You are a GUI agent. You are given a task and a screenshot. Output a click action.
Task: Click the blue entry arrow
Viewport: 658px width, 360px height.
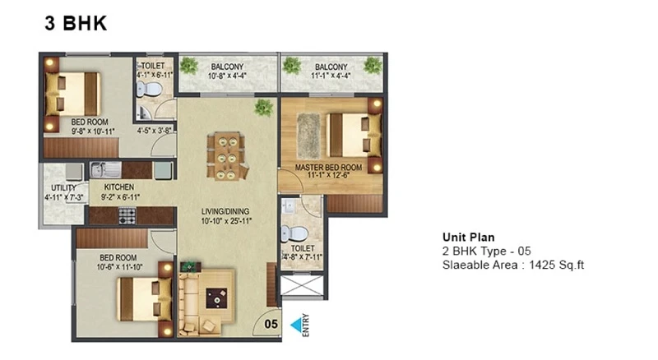click(x=296, y=325)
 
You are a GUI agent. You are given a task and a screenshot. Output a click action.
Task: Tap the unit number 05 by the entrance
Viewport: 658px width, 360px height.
click(x=271, y=324)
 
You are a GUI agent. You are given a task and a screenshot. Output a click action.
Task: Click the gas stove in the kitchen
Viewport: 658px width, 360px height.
click(x=127, y=215)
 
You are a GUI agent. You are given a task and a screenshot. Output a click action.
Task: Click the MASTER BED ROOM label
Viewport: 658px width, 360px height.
click(x=328, y=168)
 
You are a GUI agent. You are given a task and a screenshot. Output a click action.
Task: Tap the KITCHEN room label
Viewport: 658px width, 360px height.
click(x=119, y=187)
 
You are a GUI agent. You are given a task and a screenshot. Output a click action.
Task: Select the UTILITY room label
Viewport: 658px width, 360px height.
click(x=64, y=187)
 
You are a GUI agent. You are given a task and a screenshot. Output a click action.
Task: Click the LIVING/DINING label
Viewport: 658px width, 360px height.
click(x=225, y=211)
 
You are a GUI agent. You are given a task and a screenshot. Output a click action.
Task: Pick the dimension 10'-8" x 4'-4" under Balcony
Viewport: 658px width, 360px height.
click(x=227, y=76)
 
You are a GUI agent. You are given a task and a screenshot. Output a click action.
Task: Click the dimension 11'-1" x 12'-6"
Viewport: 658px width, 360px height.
click(x=328, y=175)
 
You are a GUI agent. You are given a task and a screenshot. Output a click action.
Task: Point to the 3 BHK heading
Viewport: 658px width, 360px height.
click(x=76, y=23)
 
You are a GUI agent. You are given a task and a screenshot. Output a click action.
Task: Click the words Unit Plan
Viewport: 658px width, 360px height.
click(x=468, y=237)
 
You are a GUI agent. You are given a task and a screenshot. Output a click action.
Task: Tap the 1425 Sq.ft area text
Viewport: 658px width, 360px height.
click(x=557, y=265)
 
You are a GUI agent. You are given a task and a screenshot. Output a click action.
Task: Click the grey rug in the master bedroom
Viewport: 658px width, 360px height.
click(x=308, y=136)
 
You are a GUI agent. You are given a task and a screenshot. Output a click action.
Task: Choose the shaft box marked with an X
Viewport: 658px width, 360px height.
click(x=302, y=286)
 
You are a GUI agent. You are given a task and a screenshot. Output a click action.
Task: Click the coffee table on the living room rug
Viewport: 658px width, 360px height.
click(x=216, y=298)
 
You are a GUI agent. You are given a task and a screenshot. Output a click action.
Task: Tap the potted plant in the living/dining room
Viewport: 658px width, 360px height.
click(x=263, y=108)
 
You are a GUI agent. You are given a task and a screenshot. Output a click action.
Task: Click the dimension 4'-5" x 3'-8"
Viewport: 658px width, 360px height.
click(x=155, y=131)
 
